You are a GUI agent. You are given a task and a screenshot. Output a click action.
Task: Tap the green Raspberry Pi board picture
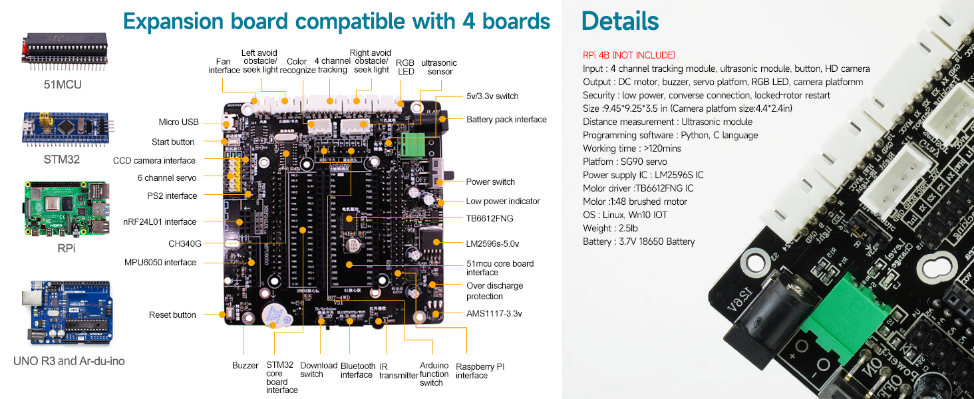pyautogui.click(x=65, y=209)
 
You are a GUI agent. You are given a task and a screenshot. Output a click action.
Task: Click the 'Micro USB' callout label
pyautogui.click(x=178, y=122)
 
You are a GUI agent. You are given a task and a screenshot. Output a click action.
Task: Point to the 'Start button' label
pyautogui.click(x=173, y=142)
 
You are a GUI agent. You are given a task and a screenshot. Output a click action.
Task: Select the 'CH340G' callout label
pyautogui.click(x=185, y=243)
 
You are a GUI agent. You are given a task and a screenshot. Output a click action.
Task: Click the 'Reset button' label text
pyautogui.click(x=172, y=315)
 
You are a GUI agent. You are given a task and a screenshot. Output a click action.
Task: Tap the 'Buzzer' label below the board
pyautogui.click(x=245, y=366)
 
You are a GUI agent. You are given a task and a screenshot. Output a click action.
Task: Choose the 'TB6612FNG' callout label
pyautogui.click(x=490, y=218)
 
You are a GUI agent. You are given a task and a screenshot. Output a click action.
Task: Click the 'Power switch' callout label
pyautogui.click(x=490, y=182)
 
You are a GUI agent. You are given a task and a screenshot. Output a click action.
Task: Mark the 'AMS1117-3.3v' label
pyautogui.click(x=494, y=313)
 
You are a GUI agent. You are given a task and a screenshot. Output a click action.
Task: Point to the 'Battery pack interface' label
pyautogui.click(x=506, y=120)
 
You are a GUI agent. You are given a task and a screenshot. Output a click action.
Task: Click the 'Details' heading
pyautogui.click(x=619, y=21)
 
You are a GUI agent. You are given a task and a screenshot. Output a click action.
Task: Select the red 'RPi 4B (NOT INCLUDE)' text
pyautogui.click(x=629, y=55)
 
